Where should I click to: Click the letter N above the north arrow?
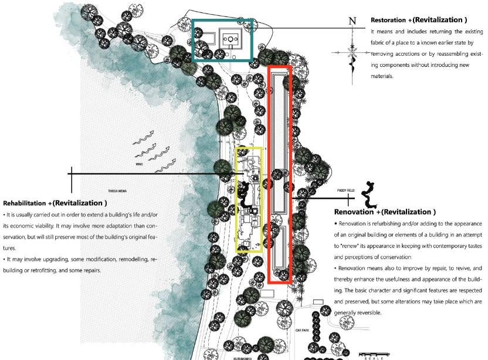pyautogui.click(x=352, y=21)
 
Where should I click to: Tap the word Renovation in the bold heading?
pyautogui.click(x=355, y=212)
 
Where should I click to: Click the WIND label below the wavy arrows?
pyautogui.click(x=139, y=165)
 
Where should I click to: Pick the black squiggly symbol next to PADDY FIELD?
pyautogui.click(x=370, y=194)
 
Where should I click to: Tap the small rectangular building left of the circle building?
pyautogui.click(x=205, y=39)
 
